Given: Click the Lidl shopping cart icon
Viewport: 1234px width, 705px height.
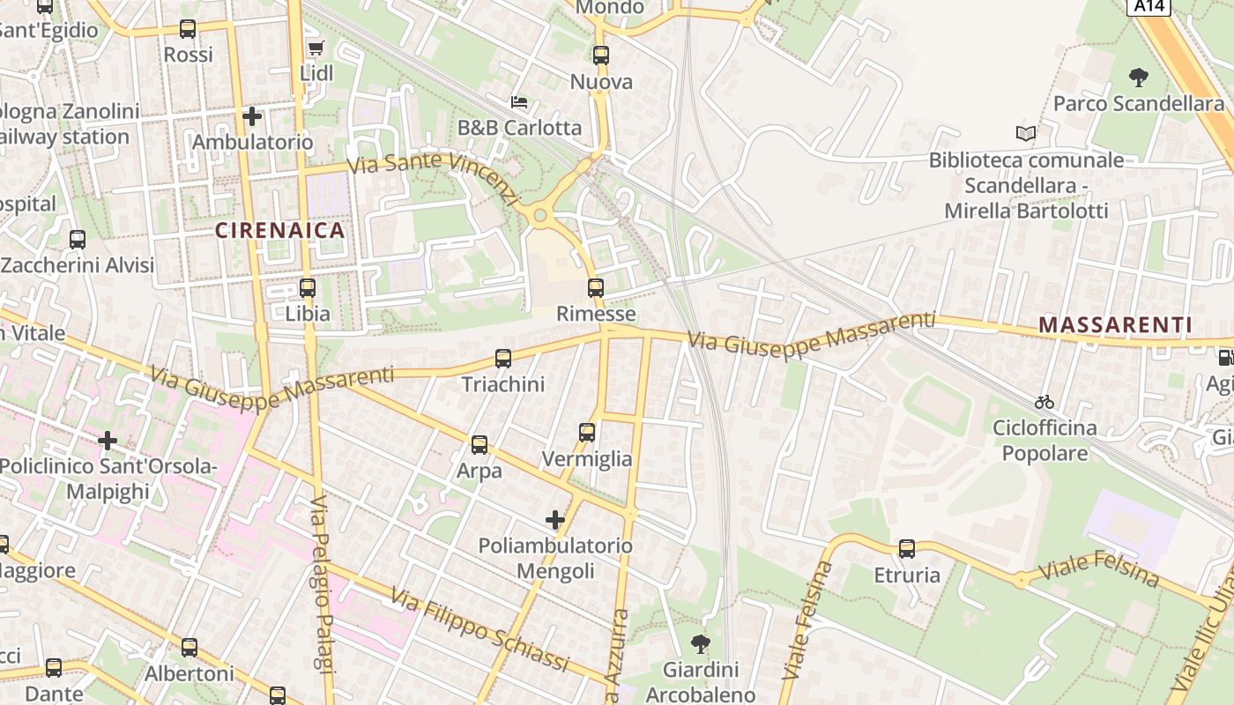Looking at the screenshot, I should pyautogui.click(x=316, y=48).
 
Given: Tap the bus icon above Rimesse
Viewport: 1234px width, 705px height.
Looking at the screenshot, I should pyautogui.click(x=596, y=287).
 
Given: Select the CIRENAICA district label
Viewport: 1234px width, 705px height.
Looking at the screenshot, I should pyautogui.click(x=280, y=231).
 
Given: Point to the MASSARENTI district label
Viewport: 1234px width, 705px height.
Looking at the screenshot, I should pyautogui.click(x=1115, y=325).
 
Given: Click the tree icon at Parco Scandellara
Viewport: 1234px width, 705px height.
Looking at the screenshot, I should pyautogui.click(x=1139, y=77).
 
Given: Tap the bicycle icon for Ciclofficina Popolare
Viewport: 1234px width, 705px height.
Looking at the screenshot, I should pyautogui.click(x=1044, y=402).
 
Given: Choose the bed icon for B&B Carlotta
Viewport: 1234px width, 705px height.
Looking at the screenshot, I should pyautogui.click(x=519, y=102).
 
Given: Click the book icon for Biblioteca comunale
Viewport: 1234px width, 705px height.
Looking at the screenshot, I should pyautogui.click(x=1026, y=134).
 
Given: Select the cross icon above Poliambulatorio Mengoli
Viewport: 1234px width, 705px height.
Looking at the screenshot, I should pyautogui.click(x=555, y=520).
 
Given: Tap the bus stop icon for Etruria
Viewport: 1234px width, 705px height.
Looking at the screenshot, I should pyautogui.click(x=907, y=549).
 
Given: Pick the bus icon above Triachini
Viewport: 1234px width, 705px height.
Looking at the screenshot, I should pyautogui.click(x=503, y=358).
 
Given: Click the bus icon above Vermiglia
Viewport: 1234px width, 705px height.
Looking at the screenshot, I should pyautogui.click(x=587, y=432).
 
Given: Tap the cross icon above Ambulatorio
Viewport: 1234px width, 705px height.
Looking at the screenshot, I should pyautogui.click(x=252, y=115).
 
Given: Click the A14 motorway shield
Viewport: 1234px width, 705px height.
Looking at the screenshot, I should pyautogui.click(x=1149, y=6).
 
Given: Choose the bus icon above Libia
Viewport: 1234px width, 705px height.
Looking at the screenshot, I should pyautogui.click(x=308, y=287).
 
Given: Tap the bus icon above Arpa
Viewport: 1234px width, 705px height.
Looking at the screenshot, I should pyautogui.click(x=479, y=444).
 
